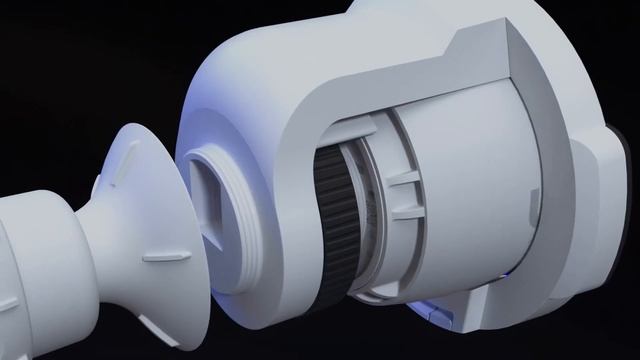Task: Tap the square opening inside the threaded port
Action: pyautogui.click(x=214, y=196)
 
